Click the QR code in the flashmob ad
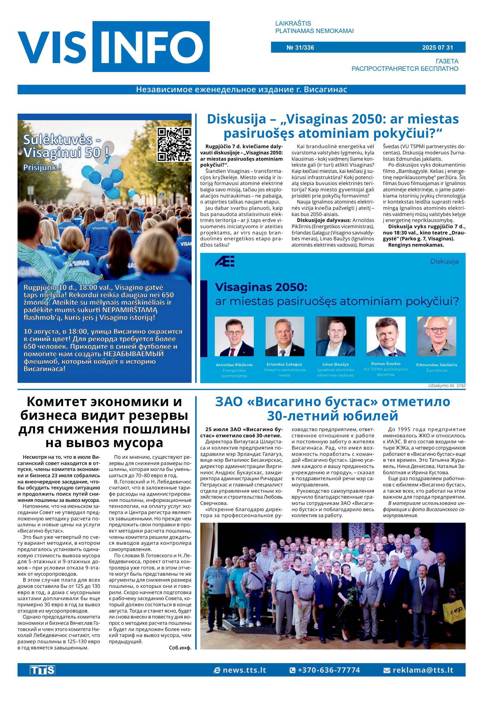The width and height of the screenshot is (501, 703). pyautogui.click(x=174, y=144)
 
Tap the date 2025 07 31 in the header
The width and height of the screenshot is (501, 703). pyautogui.click(x=437, y=48)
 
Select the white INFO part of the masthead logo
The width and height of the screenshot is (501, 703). pyautogui.click(x=151, y=47)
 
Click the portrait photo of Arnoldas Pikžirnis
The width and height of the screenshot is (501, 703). pyautogui.click(x=234, y=336)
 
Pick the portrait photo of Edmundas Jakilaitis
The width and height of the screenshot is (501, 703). pyautogui.click(x=436, y=336)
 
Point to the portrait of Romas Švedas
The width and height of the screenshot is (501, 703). pyautogui.click(x=386, y=336)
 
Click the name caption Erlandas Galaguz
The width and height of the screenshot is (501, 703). pyautogui.click(x=284, y=364)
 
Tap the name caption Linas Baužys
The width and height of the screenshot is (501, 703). pyautogui.click(x=335, y=364)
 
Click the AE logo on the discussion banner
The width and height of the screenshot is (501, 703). pyautogui.click(x=225, y=261)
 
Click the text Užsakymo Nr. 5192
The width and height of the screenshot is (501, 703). pyautogui.click(x=446, y=386)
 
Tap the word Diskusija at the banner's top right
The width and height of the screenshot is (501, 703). pyautogui.click(x=444, y=262)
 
